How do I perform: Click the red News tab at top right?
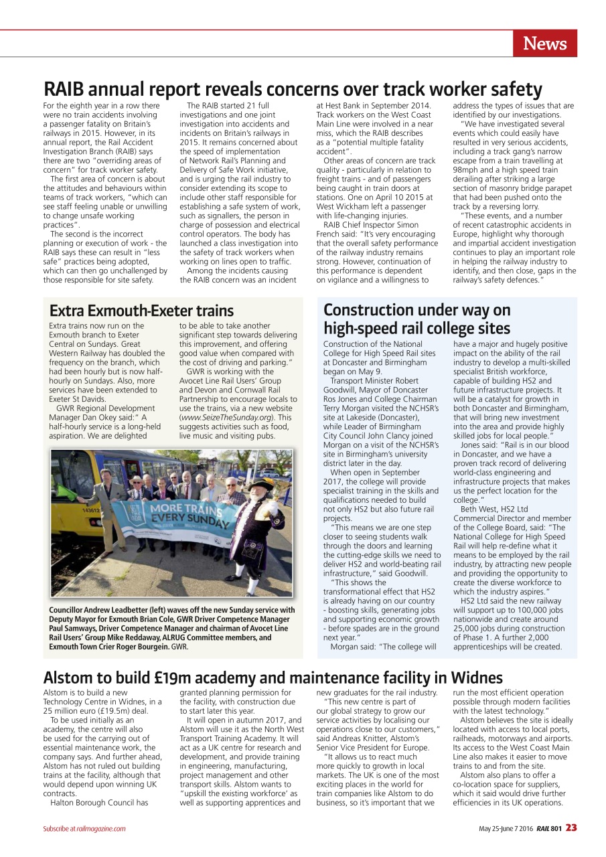(x=545, y=44)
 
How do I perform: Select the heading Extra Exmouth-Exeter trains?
(x=142, y=311)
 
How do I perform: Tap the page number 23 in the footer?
(x=571, y=828)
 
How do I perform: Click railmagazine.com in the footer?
(x=102, y=829)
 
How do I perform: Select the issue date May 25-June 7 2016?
(x=505, y=829)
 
